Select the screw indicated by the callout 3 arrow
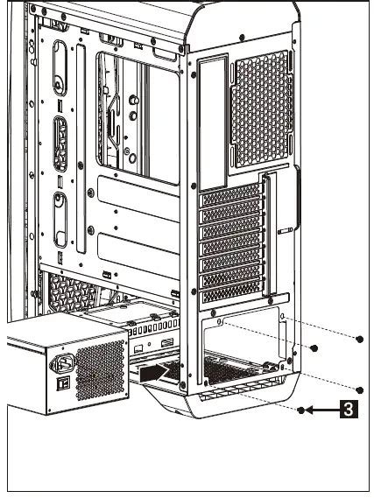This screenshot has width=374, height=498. (x=301, y=409)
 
